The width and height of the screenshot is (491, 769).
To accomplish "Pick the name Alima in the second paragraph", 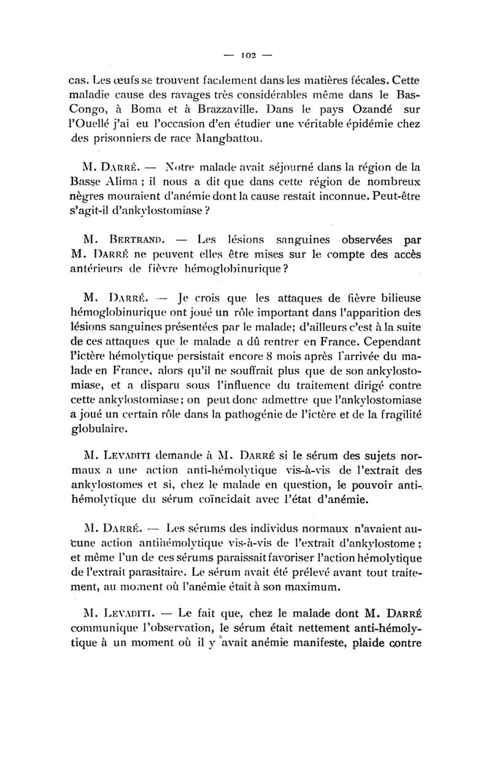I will click(122, 182).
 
